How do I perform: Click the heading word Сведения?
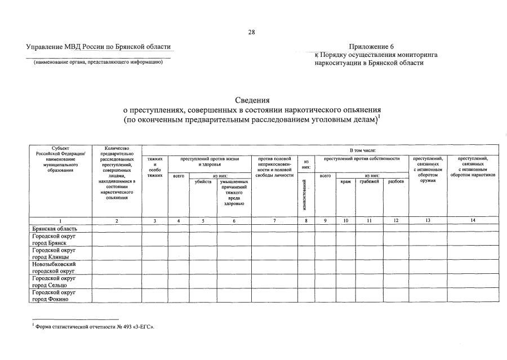click(x=253, y=100)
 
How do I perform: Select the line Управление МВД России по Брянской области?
click(x=98, y=47)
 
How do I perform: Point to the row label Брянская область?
click(x=54, y=228)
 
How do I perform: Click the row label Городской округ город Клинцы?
click(x=55, y=252)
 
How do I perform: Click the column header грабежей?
click(x=369, y=182)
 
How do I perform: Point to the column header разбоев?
click(x=396, y=182)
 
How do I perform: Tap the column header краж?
click(x=345, y=182)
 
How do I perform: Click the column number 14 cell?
click(x=473, y=221)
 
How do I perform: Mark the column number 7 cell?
click(x=274, y=221)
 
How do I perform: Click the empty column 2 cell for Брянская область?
click(x=117, y=228)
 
